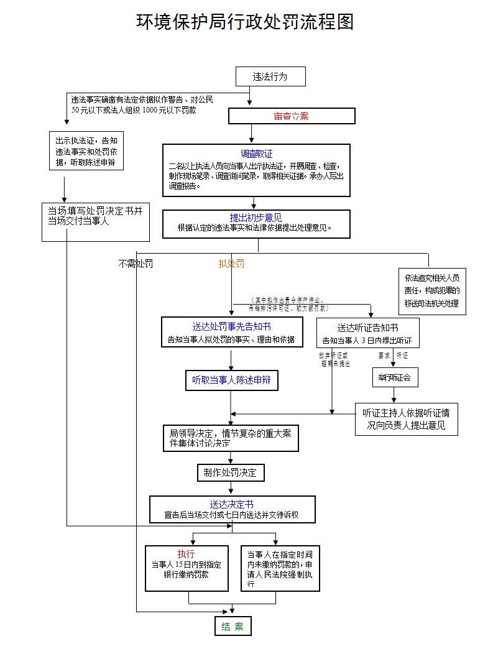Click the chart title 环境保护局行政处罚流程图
(246, 22)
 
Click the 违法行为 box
(270, 77)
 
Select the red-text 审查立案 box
(292, 116)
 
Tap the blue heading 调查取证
(256, 154)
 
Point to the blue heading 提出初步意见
(256, 218)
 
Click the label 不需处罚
(136, 264)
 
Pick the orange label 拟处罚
(231, 264)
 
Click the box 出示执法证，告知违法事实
(86, 152)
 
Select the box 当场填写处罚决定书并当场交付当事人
(96, 221)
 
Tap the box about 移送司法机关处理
(431, 290)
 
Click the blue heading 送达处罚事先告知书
(231, 326)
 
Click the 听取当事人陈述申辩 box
(231, 380)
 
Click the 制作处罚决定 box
(230, 472)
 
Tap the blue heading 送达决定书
(231, 504)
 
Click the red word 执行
(186, 554)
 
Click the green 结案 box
(233, 626)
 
